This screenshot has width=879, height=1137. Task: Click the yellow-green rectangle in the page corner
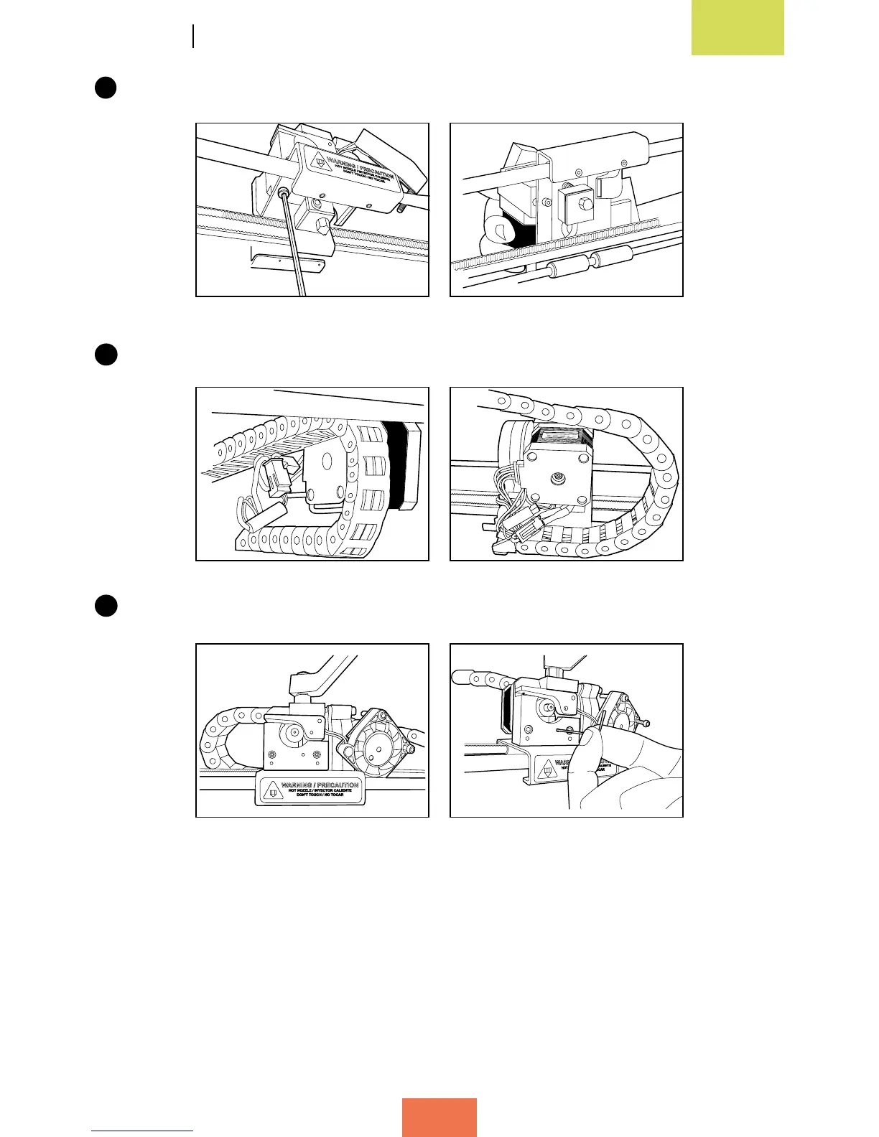738,27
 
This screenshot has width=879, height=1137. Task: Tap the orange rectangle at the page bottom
439,1117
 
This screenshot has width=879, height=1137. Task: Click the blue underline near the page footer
142,1131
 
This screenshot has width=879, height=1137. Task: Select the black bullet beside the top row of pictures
106,88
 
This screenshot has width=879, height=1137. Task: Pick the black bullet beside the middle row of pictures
106,355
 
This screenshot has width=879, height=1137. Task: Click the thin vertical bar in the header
193,36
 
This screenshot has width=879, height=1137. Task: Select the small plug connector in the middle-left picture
274,477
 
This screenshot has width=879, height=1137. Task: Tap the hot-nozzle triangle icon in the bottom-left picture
271,791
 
